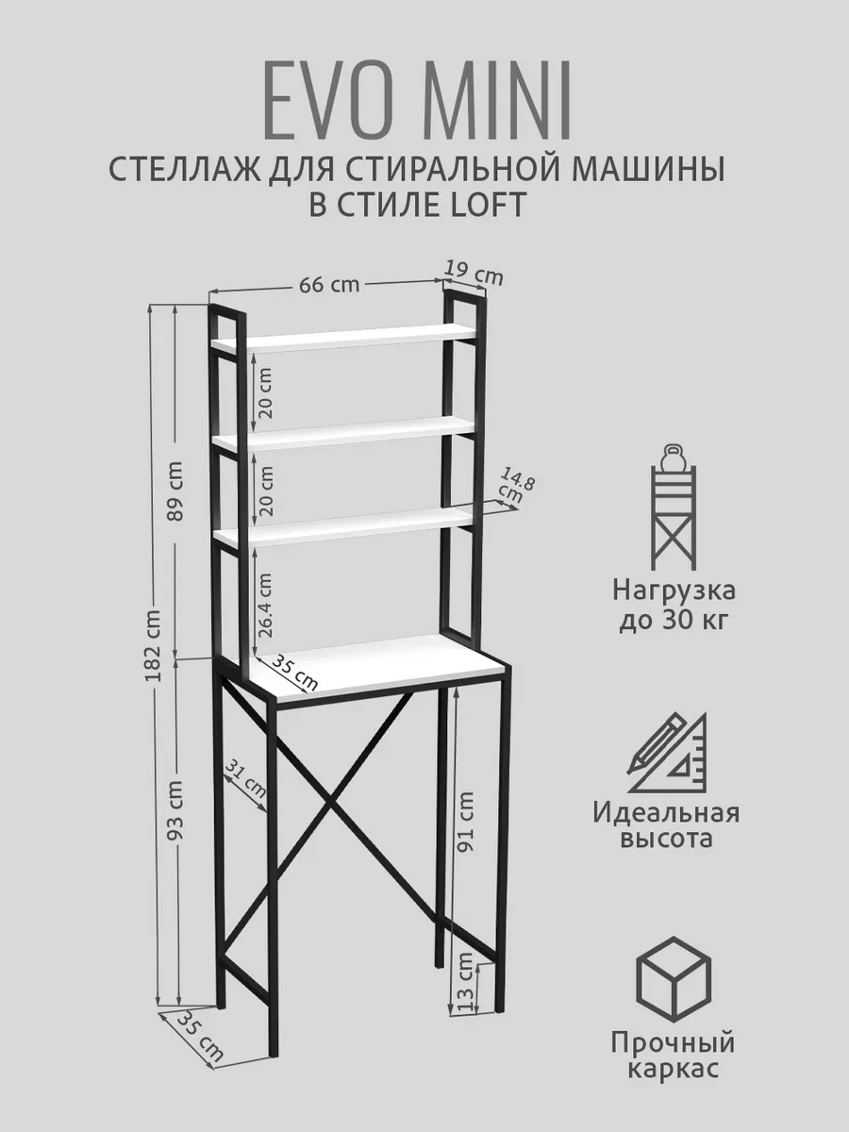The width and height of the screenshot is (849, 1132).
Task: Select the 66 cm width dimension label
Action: point(329,285)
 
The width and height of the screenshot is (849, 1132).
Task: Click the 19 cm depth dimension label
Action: point(474,275)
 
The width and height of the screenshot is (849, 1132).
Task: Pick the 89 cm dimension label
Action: point(174,491)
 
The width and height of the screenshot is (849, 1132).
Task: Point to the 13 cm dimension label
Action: point(464,981)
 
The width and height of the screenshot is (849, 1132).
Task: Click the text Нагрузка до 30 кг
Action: point(674,607)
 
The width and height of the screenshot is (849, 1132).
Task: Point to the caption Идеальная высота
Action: point(667,825)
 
